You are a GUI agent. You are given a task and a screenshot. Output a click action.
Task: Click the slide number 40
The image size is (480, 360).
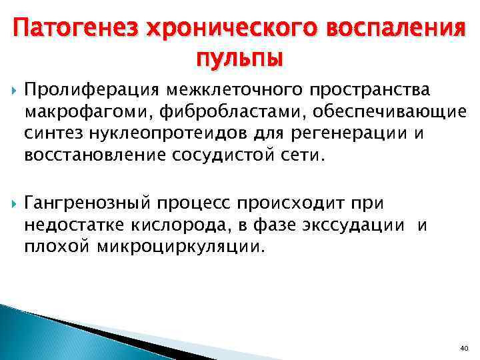click(464, 348)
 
